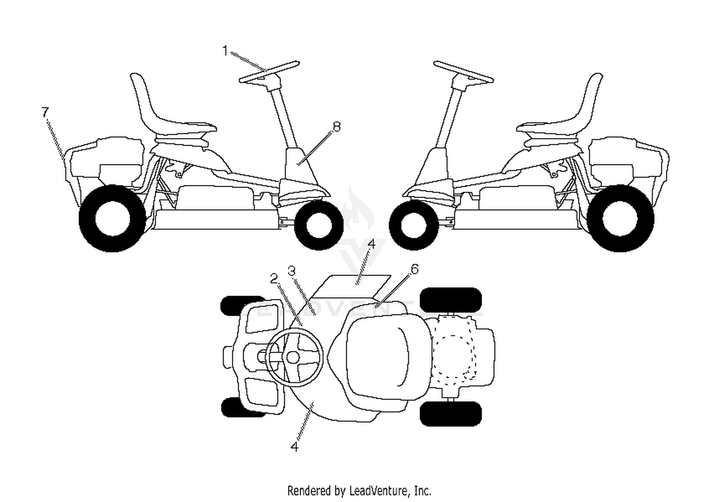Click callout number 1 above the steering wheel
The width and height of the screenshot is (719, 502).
(225, 51)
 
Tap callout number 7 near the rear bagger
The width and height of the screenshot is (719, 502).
(45, 112)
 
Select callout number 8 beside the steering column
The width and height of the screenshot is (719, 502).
(336, 127)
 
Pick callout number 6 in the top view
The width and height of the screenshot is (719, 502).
(415, 269)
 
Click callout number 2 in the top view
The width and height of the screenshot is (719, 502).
(274, 279)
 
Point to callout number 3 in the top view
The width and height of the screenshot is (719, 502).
(291, 271)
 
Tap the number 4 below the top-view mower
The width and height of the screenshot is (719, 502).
(294, 447)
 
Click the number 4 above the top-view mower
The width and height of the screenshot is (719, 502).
(371, 244)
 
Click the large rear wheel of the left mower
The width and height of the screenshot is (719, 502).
(112, 218)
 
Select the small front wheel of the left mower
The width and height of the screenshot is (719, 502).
(319, 225)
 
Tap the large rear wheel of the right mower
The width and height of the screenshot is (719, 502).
(620, 218)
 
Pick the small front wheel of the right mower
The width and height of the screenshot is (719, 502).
(413, 225)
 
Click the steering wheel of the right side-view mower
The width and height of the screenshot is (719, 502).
(464, 72)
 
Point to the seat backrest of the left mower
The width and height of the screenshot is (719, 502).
(141, 96)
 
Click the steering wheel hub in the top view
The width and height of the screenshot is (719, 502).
(293, 357)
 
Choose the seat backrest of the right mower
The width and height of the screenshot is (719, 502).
(591, 96)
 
